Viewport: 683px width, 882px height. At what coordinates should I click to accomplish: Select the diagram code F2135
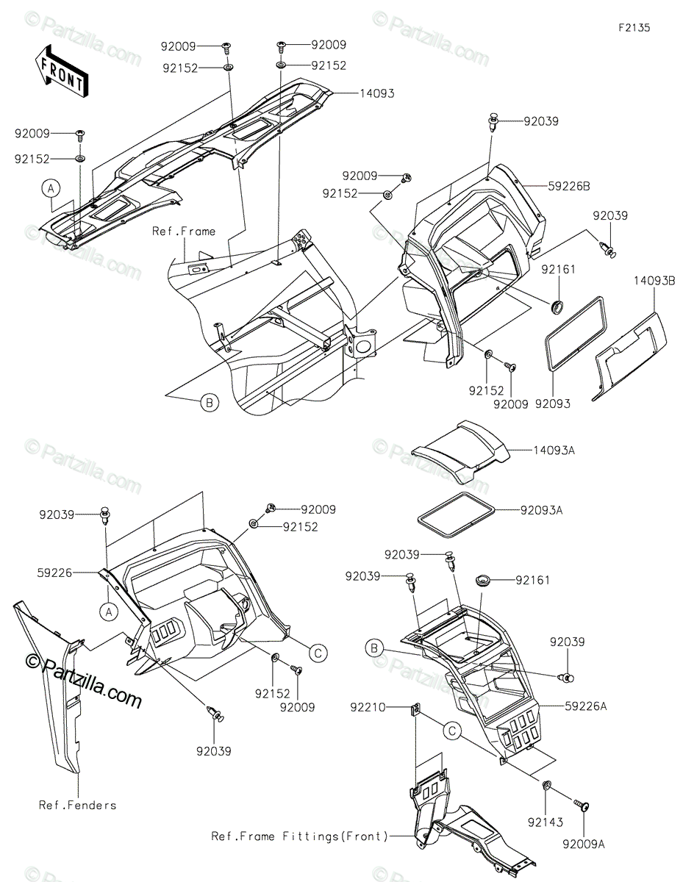pyautogui.click(x=634, y=28)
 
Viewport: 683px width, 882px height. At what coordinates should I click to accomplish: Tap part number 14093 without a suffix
pyautogui.click(x=377, y=93)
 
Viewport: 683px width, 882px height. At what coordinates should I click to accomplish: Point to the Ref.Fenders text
pyautogui.click(x=77, y=805)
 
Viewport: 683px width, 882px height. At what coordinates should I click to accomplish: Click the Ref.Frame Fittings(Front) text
pyautogui.click(x=298, y=836)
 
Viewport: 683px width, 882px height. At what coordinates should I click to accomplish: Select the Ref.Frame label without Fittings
pyautogui.click(x=184, y=232)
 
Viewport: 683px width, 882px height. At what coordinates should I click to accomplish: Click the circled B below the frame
pyautogui.click(x=210, y=402)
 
